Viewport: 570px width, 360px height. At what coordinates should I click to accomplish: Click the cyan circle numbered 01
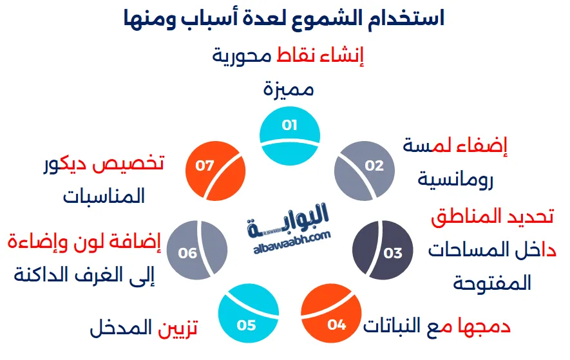pyautogui.click(x=289, y=133)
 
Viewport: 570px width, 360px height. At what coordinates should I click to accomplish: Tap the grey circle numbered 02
pyautogui.click(x=365, y=169)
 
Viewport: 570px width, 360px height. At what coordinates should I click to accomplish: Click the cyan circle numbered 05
pyautogui.click(x=247, y=320)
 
